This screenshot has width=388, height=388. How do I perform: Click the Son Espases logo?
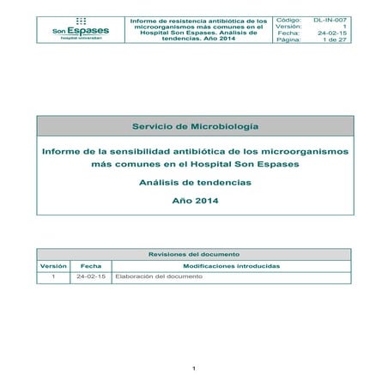81,29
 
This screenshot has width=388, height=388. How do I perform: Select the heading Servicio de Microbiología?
195,126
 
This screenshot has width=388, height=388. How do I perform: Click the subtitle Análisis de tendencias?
195,182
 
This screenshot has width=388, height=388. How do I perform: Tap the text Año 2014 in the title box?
195,202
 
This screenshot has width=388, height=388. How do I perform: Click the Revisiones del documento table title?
194,255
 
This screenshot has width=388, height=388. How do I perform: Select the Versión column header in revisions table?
53,266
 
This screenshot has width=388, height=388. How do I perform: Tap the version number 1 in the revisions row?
53,278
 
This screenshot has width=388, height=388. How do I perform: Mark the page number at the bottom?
195,370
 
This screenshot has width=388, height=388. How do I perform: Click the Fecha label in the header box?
288,33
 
